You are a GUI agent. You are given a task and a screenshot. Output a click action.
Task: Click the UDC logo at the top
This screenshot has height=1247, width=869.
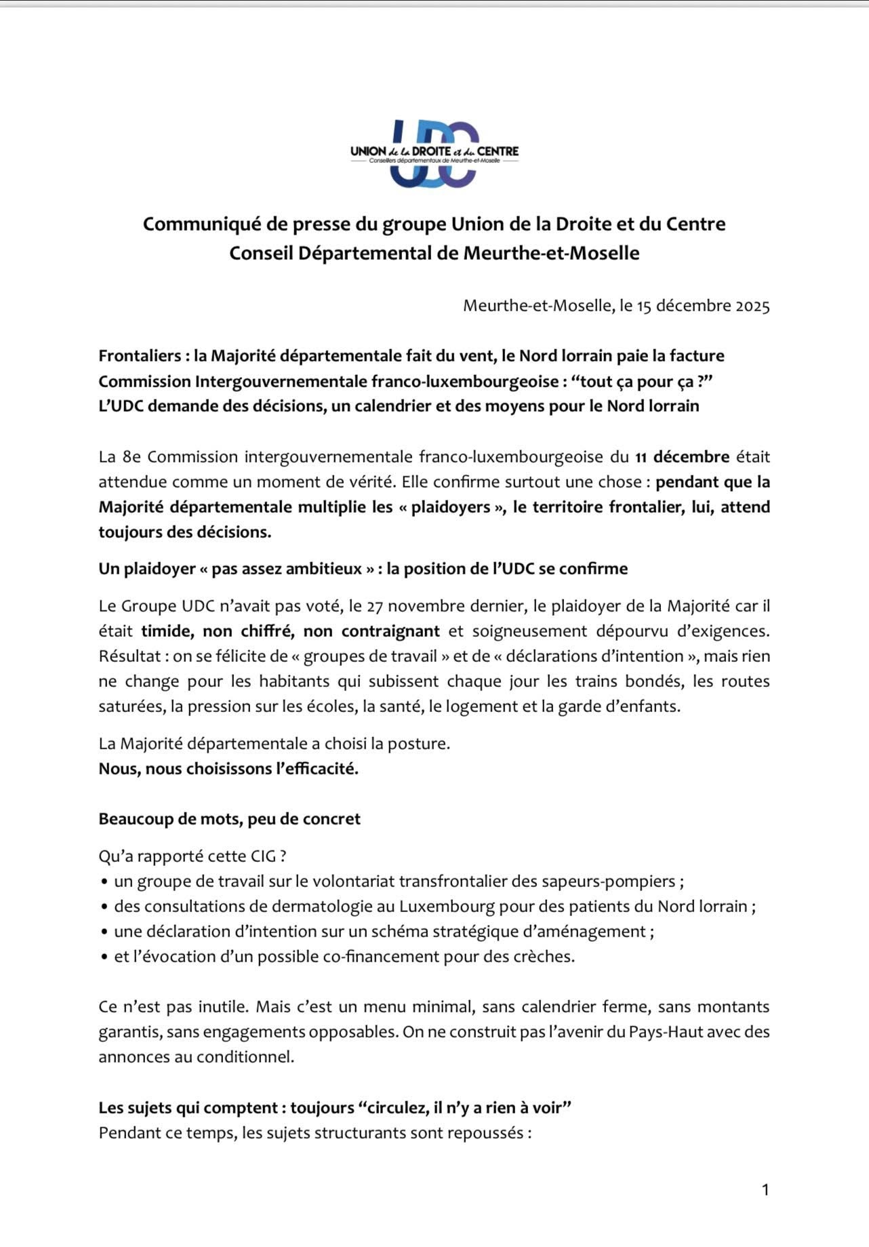coord(434,154)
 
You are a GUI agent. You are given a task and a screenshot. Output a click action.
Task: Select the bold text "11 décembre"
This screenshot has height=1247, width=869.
coord(682,456)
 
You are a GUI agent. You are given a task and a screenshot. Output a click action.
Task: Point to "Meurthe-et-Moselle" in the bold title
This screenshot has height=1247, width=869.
coord(551,253)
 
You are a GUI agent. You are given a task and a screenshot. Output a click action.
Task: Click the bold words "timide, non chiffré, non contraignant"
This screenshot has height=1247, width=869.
coord(290,631)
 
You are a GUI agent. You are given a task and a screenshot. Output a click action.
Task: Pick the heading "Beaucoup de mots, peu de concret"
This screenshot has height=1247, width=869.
coord(229,818)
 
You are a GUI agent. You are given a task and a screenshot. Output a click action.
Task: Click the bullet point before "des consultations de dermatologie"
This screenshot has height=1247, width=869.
coord(104,907)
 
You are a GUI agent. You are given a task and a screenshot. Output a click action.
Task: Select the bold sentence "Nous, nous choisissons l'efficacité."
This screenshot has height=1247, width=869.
coord(228,768)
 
